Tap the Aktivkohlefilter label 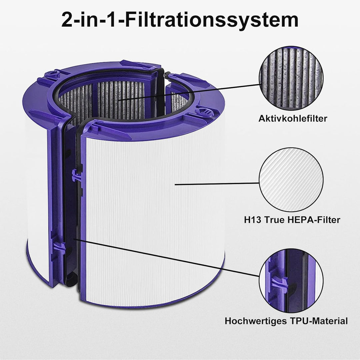288,118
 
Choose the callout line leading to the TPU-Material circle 167,257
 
